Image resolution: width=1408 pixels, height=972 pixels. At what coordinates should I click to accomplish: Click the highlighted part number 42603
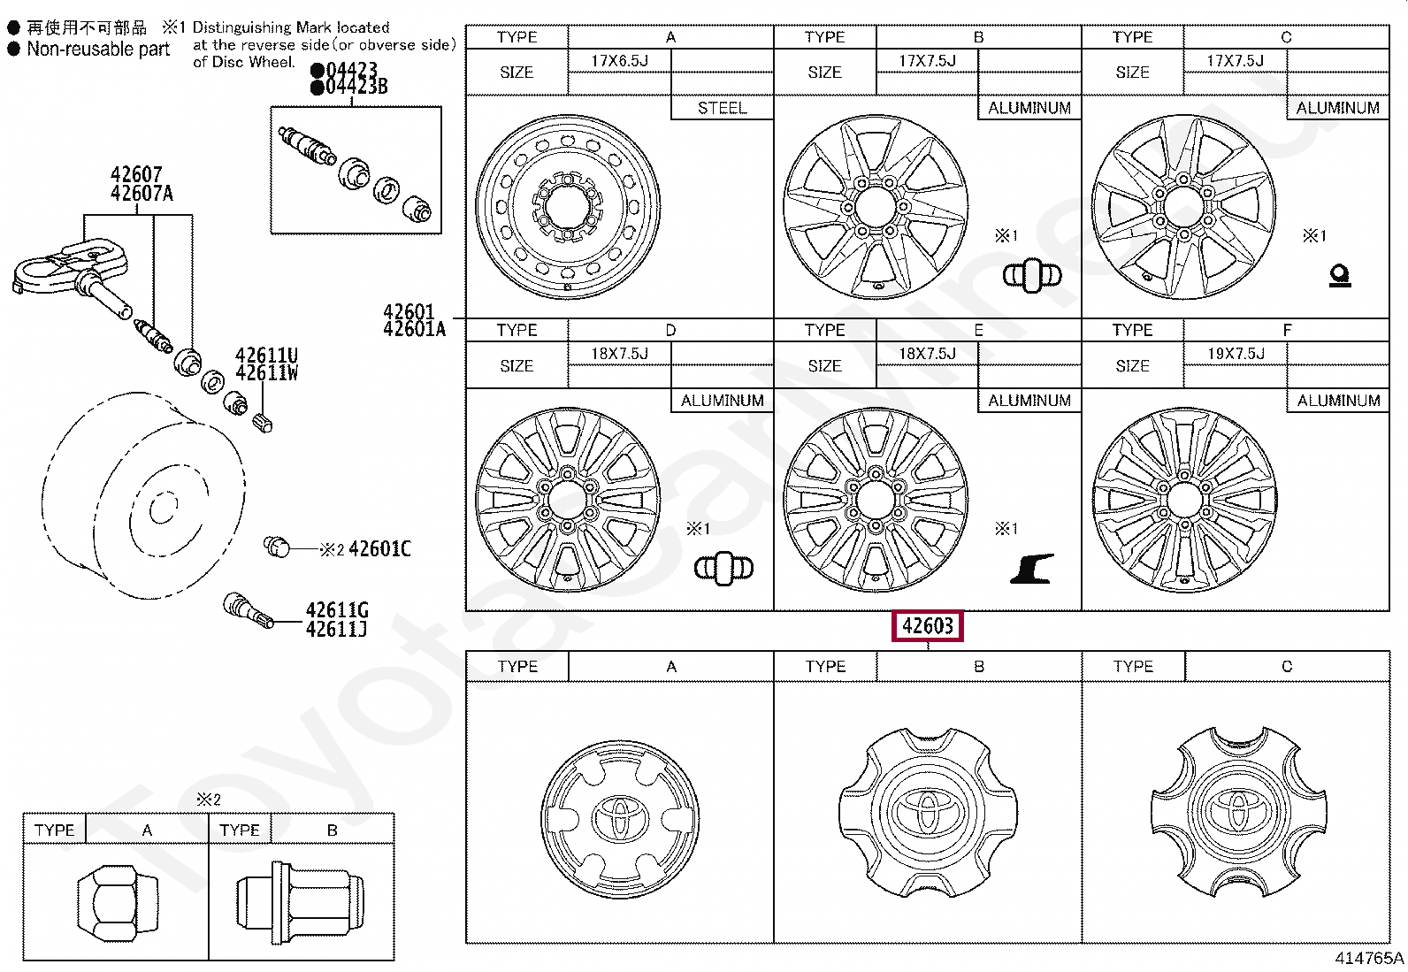pos(927,626)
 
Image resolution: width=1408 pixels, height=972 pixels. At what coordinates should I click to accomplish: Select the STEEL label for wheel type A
pos(722,108)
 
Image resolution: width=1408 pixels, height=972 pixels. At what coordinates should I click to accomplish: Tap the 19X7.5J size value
pos(1236,354)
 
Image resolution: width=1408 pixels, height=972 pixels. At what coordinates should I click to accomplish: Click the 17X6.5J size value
pos(619,60)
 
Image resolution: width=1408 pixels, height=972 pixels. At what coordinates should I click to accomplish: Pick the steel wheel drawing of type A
pos(568,206)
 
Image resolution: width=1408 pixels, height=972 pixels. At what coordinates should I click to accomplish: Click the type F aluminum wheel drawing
pos(1184,500)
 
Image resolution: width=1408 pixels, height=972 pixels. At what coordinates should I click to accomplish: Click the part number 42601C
pos(379,549)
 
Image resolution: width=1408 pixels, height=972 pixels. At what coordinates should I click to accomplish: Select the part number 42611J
pos(336,630)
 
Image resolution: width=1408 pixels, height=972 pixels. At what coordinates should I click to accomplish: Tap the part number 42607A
pos(142,194)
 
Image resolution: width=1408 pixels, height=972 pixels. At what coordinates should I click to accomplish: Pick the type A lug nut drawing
pos(116,903)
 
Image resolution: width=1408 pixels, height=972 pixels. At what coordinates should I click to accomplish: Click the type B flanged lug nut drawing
pos(299,901)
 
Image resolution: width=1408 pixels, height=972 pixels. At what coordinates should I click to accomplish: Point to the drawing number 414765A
pos(1369,959)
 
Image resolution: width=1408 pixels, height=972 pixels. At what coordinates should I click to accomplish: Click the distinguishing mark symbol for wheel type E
pos(1031,569)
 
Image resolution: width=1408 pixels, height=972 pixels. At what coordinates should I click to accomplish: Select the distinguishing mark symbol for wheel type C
pos(1339,277)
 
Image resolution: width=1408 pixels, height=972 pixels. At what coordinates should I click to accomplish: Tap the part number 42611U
pos(266,356)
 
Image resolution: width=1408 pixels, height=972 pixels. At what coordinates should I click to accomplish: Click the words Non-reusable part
pos(97,50)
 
